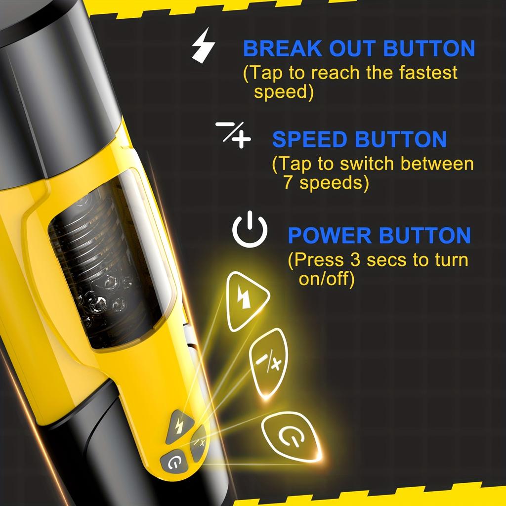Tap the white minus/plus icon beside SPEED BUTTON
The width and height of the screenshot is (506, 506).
click(x=233, y=134)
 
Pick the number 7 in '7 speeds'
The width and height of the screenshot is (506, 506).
click(x=289, y=183)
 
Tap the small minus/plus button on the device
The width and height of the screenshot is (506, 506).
click(x=199, y=441)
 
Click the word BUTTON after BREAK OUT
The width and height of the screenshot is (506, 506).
click(x=428, y=49)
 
